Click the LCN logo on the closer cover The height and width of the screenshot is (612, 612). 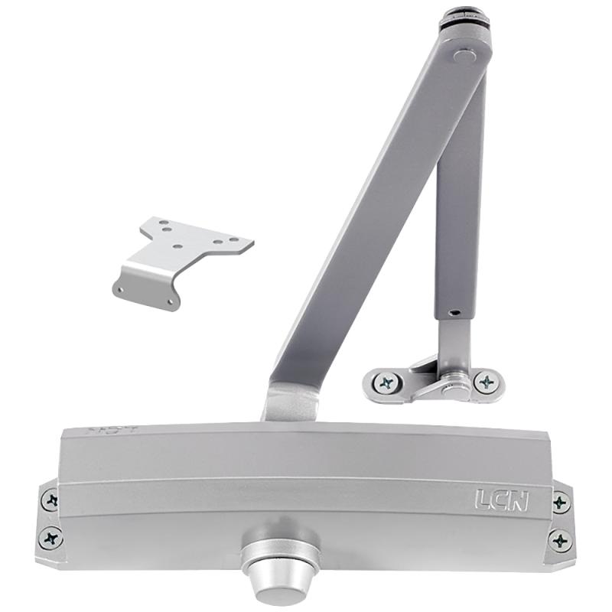[501, 500]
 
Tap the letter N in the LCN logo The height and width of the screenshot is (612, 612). [517, 500]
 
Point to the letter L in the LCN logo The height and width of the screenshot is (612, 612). [483, 500]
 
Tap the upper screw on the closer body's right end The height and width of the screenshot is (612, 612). [561, 503]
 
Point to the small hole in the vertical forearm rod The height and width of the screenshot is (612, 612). [453, 312]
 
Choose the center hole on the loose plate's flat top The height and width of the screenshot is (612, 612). [177, 246]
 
